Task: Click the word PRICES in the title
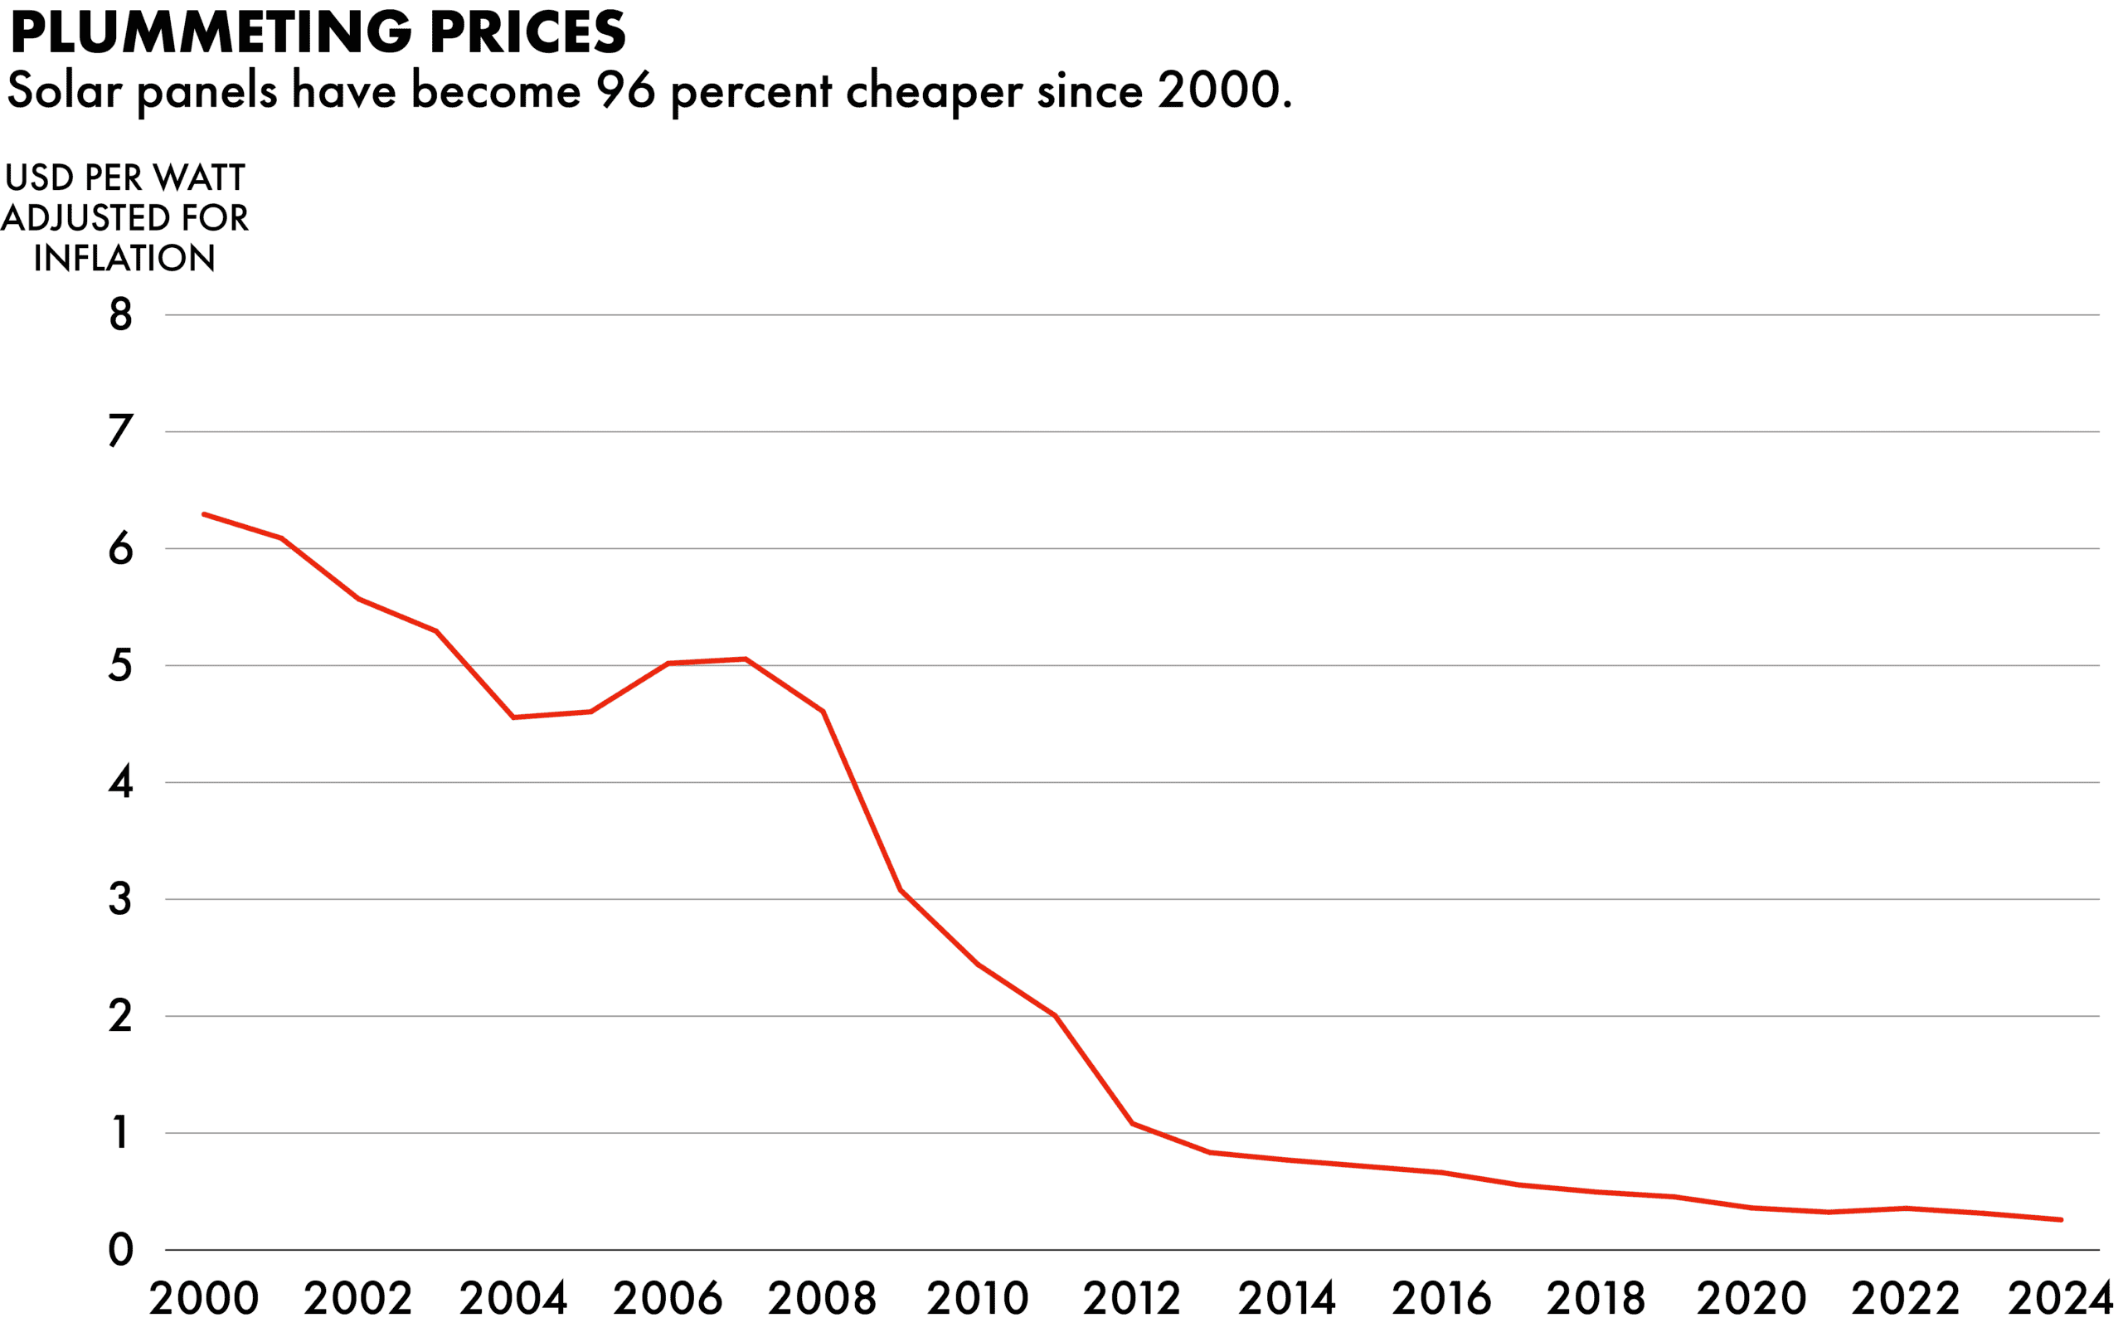(x=528, y=32)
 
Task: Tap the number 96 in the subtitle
(x=626, y=90)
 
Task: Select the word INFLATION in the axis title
(x=124, y=258)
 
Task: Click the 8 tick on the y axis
(x=121, y=315)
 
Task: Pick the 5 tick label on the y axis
(x=121, y=666)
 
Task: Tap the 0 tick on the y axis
(x=121, y=1250)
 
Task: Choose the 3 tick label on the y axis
(x=121, y=899)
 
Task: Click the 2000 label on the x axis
(x=204, y=1299)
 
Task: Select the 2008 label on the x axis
(x=823, y=1299)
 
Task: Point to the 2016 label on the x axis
(x=1441, y=1299)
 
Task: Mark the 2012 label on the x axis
(x=1132, y=1299)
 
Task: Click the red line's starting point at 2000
(x=204, y=514)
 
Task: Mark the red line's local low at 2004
(x=514, y=717)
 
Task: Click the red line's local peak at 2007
(x=746, y=659)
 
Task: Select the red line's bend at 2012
(x=1132, y=1123)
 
